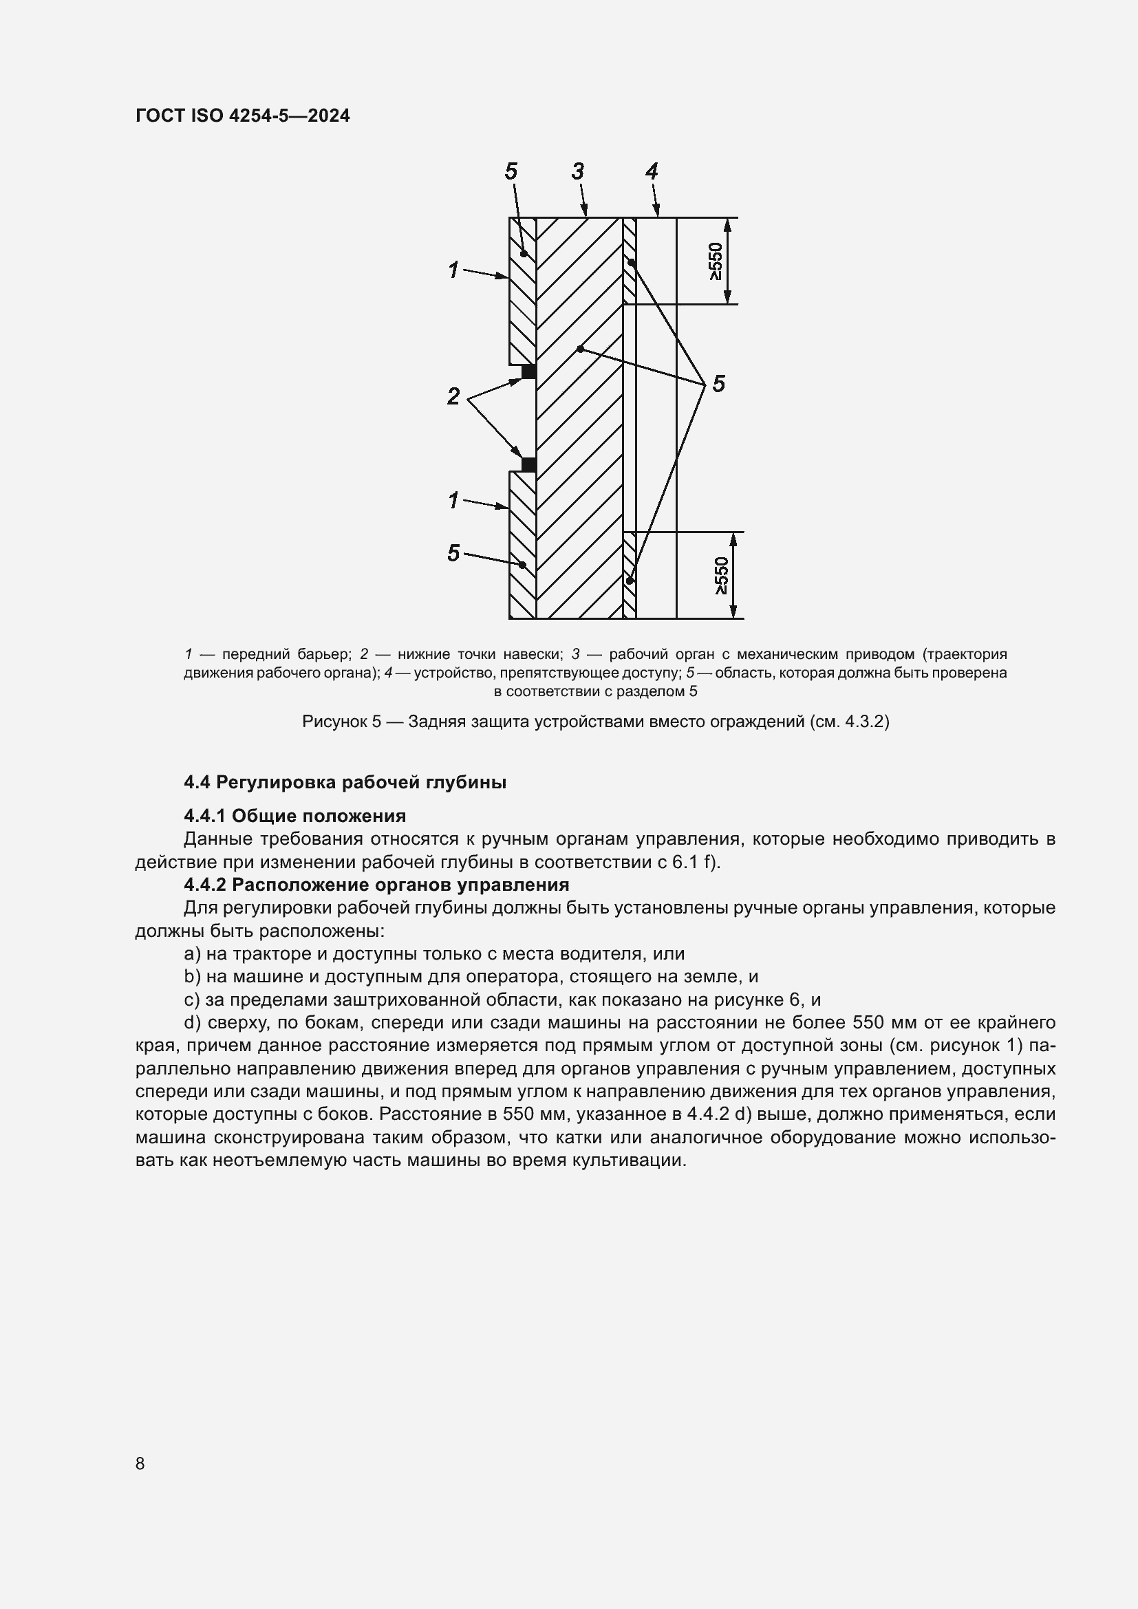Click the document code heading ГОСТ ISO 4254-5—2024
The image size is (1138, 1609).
pos(242,116)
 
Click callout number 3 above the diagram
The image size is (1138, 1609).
pos(578,171)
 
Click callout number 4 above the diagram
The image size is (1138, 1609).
pos(652,171)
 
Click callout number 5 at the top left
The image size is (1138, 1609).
pos(511,171)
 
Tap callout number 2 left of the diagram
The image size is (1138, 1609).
pos(453,396)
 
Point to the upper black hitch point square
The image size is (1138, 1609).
pos(529,371)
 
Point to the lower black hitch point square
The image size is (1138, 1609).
pos(529,464)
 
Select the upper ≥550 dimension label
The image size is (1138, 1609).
pos(716,261)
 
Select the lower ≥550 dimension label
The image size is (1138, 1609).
pos(722,576)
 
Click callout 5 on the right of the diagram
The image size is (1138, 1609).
pos(718,384)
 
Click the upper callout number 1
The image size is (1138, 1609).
pos(453,269)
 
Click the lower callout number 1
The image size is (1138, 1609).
pos(453,500)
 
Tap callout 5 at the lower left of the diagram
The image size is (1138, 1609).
pos(453,553)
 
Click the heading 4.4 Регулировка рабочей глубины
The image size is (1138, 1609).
pos(345,782)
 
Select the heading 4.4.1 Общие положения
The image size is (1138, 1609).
pos(295,816)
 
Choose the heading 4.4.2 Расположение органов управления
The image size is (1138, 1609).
pos(376,885)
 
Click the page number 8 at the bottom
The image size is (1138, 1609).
pos(140,1463)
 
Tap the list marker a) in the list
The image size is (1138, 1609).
pos(192,953)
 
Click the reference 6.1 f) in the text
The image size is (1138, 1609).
pos(695,862)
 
